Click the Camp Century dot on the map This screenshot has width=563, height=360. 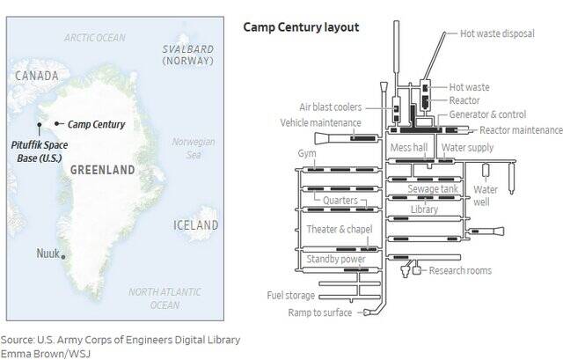pyautogui.click(x=56, y=123)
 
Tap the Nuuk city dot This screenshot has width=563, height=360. pyautogui.click(x=62, y=256)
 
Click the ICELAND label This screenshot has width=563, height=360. pyautogui.click(x=194, y=225)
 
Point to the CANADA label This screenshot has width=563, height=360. pyautogui.click(x=37, y=77)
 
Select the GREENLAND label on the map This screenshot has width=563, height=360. pyautogui.click(x=102, y=169)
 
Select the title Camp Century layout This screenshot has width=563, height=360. pyautogui.click(x=301, y=27)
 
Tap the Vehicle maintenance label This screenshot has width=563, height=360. pyautogui.click(x=321, y=122)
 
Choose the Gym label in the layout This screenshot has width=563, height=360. pyautogui.click(x=307, y=153)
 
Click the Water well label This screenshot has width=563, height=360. pyautogui.click(x=486, y=195)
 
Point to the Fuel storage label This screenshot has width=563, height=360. pyautogui.click(x=292, y=296)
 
